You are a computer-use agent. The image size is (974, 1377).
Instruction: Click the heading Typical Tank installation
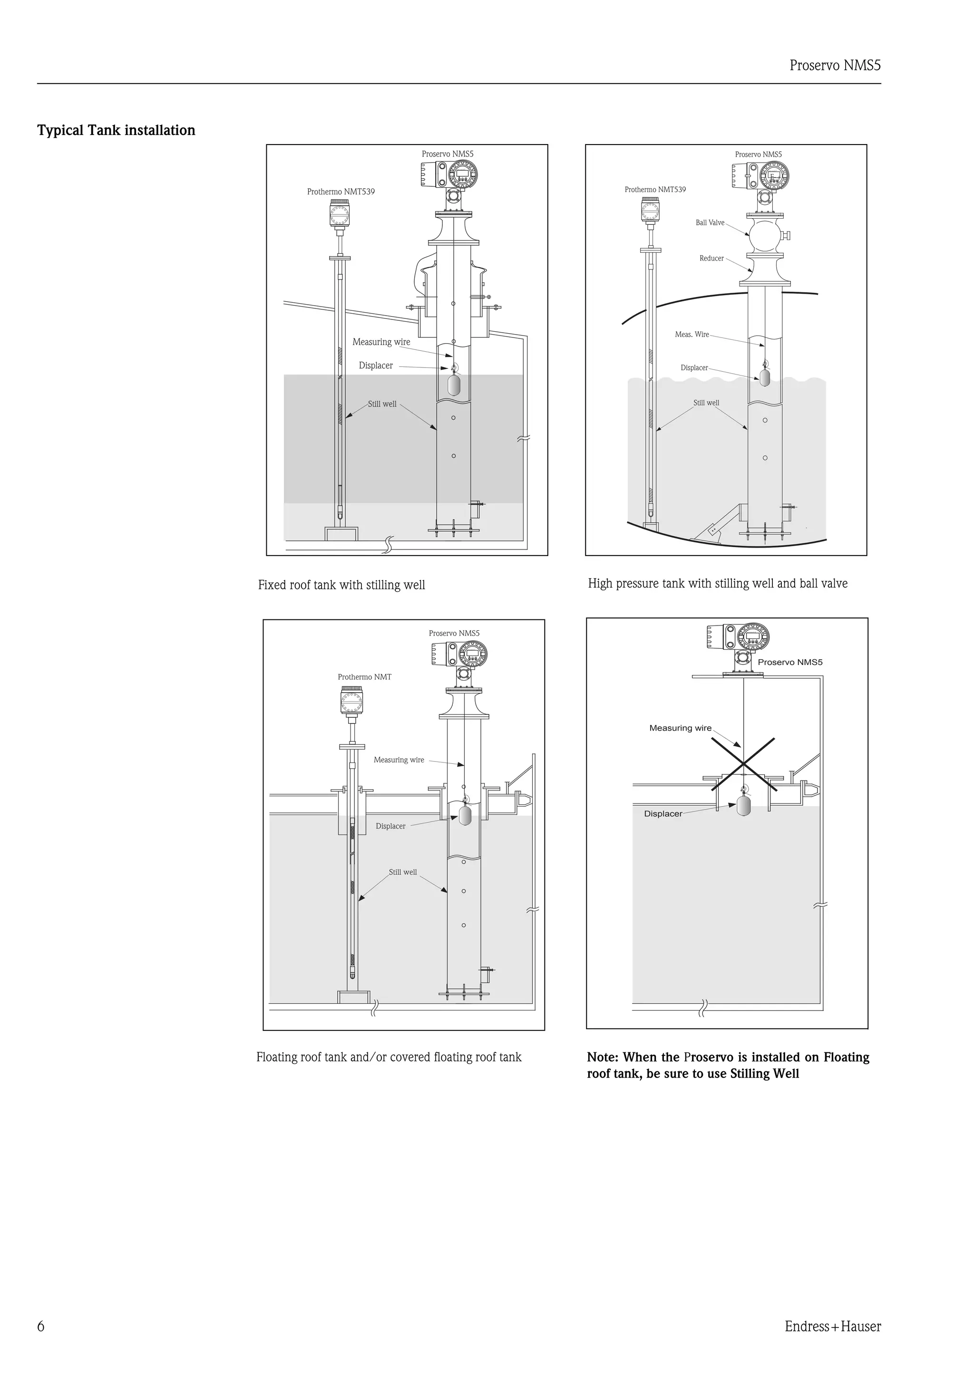pyautogui.click(x=116, y=130)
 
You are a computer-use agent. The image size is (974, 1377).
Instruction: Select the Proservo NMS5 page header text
pyautogui.click(x=835, y=66)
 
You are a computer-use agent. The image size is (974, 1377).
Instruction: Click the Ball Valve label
pyautogui.click(x=710, y=222)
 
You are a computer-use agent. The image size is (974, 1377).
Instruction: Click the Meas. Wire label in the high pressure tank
pyautogui.click(x=692, y=335)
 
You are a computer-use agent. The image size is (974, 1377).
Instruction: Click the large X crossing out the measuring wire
pyautogui.click(x=743, y=764)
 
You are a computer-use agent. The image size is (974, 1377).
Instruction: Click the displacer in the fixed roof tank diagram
pyautogui.click(x=454, y=383)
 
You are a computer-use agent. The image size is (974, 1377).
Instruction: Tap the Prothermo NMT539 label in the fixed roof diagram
pyautogui.click(x=341, y=192)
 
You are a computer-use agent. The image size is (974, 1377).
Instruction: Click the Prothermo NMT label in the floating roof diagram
pyautogui.click(x=364, y=677)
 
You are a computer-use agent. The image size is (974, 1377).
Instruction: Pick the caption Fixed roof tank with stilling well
pyautogui.click(x=341, y=585)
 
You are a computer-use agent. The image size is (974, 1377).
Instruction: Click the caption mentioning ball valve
pyautogui.click(x=717, y=584)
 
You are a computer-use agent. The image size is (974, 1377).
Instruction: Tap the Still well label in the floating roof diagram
pyautogui.click(x=403, y=872)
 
